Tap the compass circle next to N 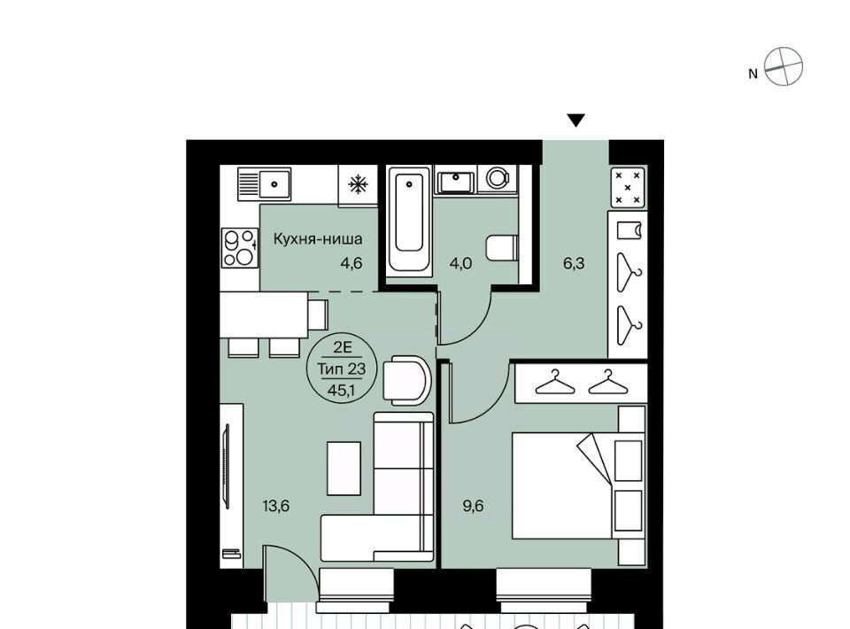point(784,66)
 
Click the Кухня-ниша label point(318,238)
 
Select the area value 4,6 point(351,263)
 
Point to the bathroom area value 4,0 point(460,263)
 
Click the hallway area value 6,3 point(574,263)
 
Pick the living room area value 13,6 point(276,506)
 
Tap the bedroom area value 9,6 point(473,506)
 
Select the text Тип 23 point(341,369)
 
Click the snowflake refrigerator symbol point(358,185)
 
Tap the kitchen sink point(264,183)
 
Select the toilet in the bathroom point(501,248)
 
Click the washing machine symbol point(498,178)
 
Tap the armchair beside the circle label point(407,381)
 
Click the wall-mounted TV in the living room point(227,466)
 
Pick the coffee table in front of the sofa point(344,468)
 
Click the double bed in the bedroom point(578,485)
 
